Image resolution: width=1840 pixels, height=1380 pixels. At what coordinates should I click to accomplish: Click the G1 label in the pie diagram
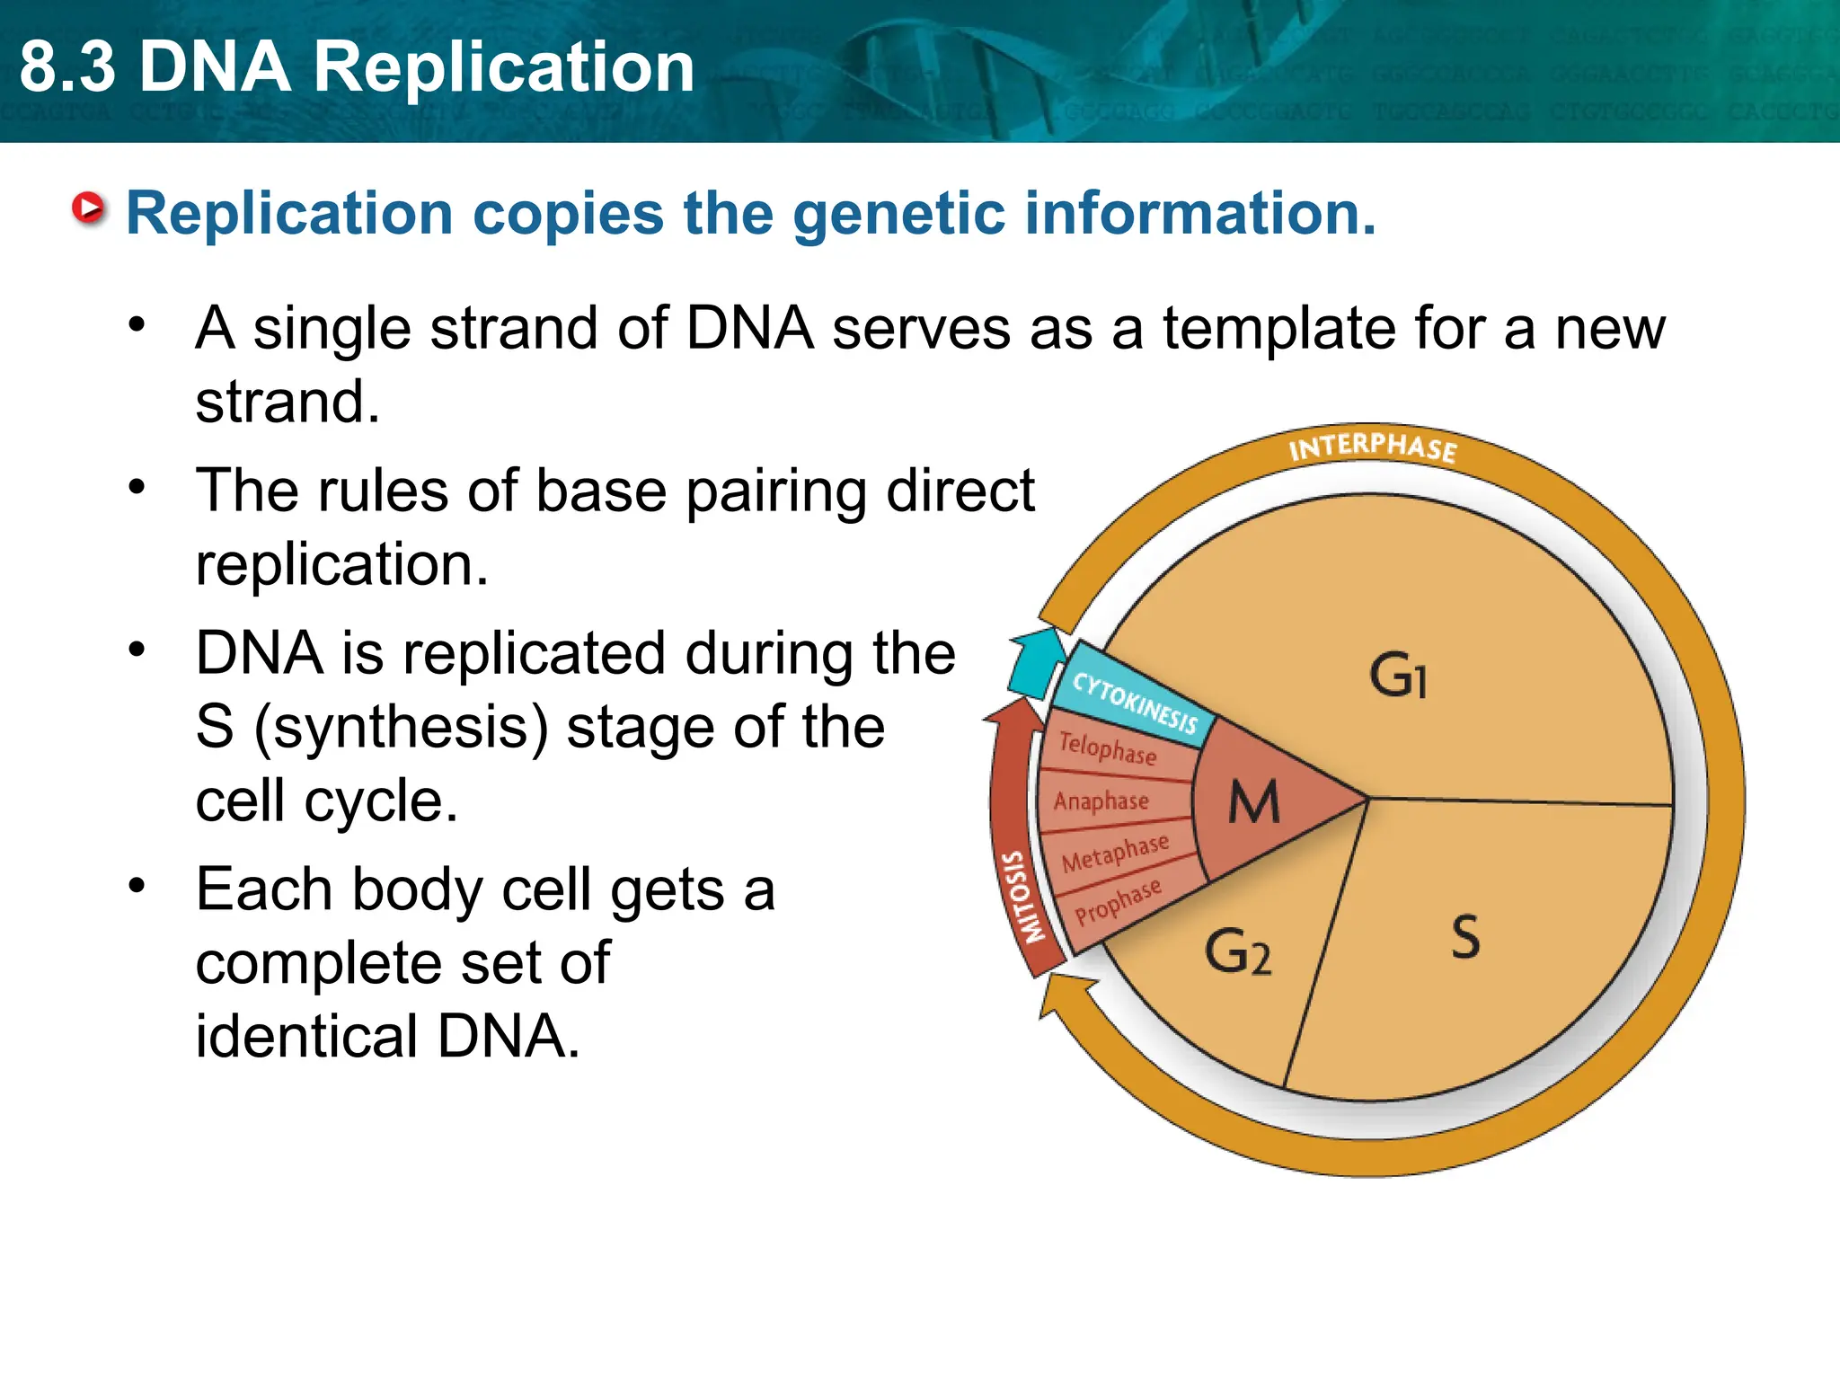point(1397,676)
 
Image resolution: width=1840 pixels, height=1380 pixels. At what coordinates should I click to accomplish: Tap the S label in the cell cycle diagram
point(1465,937)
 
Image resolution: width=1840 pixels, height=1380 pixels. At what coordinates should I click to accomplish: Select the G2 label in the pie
point(1237,952)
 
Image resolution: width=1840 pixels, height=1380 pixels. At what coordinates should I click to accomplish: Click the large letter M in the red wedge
point(1253,801)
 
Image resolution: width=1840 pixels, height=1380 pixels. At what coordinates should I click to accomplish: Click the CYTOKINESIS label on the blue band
point(1136,703)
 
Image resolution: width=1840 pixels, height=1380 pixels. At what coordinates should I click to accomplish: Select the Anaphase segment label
point(1101,801)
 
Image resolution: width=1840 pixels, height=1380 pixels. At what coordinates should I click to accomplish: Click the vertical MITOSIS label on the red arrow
point(1023,897)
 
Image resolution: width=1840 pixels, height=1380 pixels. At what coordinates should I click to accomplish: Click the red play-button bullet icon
point(88,209)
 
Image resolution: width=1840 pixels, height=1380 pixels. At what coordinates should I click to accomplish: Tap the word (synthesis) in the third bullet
point(402,727)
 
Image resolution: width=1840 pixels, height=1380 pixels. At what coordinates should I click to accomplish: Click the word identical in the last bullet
point(306,1036)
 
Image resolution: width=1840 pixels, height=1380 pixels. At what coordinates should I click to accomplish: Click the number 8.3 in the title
point(68,67)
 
